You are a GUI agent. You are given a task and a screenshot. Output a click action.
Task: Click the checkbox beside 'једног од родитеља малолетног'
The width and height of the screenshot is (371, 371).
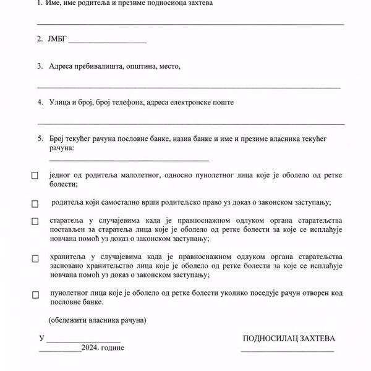coord(35,176)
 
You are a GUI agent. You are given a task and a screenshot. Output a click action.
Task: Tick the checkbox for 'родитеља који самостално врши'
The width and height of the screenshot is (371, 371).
coord(35,203)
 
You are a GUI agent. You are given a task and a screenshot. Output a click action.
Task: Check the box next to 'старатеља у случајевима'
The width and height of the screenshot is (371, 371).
coord(35,221)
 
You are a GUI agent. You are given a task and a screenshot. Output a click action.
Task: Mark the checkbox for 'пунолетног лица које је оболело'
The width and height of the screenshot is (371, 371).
coord(35,295)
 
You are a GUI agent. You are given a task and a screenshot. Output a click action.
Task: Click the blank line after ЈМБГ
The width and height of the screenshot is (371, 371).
coord(108,42)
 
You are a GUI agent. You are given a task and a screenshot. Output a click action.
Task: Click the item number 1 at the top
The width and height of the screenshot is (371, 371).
coord(39,4)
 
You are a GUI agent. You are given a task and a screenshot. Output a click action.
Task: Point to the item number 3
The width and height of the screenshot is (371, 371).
coord(39,66)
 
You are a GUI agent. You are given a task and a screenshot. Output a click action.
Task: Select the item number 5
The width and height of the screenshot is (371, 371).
coord(39,140)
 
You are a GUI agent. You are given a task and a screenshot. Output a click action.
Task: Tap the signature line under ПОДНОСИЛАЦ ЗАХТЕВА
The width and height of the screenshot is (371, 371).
coord(288,351)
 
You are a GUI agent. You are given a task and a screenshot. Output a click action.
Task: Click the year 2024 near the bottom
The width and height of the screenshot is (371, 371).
coord(90,348)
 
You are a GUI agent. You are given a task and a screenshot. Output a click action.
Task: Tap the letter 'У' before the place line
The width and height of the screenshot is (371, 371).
coord(41,339)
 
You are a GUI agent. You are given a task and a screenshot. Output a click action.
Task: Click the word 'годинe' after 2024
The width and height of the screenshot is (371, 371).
coord(112,348)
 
